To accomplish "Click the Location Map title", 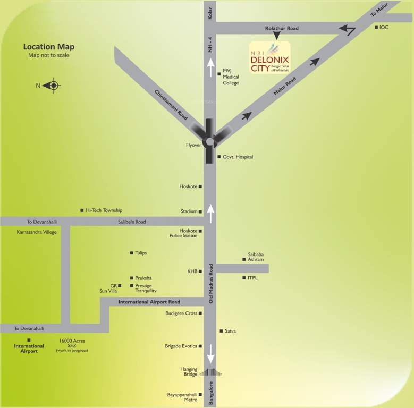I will point(49,47).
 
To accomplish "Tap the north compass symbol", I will point(53,85).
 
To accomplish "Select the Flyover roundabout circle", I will point(209,141).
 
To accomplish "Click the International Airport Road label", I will point(149,302).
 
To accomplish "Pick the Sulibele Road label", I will point(132,222).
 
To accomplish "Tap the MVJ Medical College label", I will point(231,76).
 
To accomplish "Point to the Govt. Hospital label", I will point(238,157).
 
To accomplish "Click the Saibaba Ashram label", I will point(256,257).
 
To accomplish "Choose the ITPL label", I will point(252,278).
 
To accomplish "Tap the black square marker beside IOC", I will point(376,27).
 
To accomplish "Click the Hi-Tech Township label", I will point(104,210).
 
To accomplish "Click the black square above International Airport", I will point(29,340).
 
